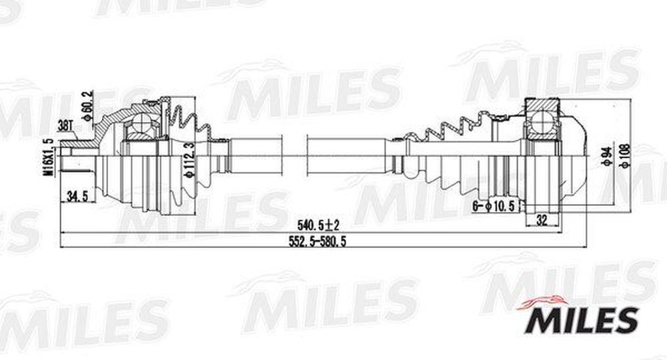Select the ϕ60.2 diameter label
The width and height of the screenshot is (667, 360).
point(88,106)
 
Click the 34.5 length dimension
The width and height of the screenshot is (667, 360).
point(77,197)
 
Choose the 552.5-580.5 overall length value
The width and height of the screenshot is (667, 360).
point(317,242)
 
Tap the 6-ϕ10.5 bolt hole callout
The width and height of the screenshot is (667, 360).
point(494,207)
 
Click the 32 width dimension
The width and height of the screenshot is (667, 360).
point(542,220)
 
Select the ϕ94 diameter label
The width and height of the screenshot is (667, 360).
point(607,157)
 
